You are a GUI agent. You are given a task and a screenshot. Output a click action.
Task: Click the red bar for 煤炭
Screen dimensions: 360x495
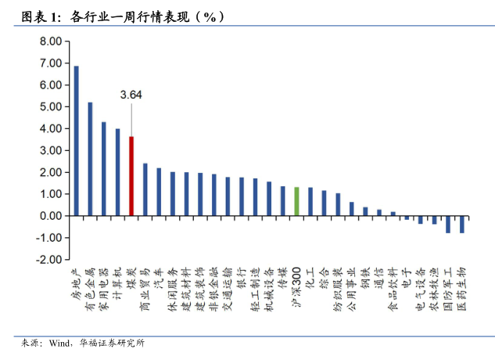coord(131,176)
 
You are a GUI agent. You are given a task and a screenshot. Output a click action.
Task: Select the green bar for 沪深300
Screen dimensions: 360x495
coord(296,201)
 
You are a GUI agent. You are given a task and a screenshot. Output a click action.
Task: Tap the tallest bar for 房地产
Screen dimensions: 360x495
coord(76,141)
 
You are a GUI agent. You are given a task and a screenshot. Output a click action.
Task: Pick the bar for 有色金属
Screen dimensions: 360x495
coord(90,159)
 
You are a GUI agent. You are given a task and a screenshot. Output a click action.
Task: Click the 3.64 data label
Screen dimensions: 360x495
coord(131,95)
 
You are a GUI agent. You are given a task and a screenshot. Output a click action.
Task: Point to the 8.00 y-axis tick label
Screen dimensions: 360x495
coord(51,63)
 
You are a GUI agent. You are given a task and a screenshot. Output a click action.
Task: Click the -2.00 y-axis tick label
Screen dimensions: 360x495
coord(49,259)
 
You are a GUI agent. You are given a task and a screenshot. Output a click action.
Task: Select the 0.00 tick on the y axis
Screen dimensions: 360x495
coord(51,215)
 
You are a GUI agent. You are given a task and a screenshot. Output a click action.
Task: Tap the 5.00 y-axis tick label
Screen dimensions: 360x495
coord(51,106)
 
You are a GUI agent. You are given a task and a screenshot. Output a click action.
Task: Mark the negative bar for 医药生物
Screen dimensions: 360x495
coord(462,224)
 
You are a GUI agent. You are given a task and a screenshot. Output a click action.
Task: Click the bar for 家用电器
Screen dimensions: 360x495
coord(104,169)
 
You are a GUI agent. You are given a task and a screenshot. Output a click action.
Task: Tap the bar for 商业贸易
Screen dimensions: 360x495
coord(145,189)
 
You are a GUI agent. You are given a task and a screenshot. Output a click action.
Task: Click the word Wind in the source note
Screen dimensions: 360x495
coord(59,343)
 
